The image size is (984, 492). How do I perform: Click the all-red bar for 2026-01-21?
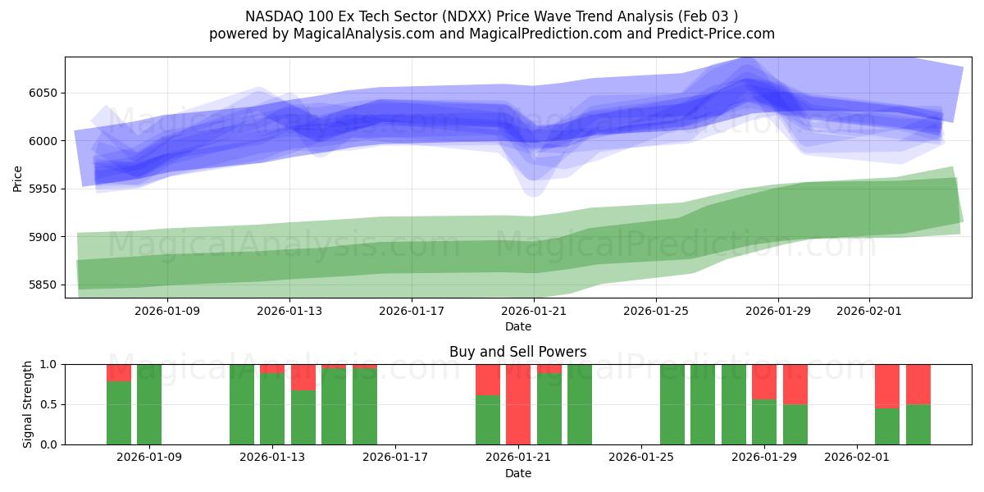click(518, 404)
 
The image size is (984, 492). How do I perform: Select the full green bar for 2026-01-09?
click(149, 404)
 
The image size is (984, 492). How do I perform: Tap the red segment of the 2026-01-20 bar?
click(488, 379)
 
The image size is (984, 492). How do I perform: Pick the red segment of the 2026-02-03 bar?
click(918, 384)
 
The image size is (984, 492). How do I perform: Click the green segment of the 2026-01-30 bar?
click(795, 425)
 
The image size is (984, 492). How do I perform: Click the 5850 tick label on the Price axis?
click(42, 285)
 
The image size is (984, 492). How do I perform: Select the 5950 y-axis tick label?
click(42, 189)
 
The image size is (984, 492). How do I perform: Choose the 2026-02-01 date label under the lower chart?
click(857, 458)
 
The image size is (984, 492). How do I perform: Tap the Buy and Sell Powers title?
click(517, 352)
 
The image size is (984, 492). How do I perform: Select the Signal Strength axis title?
click(28, 404)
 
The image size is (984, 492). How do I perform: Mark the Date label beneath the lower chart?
click(517, 473)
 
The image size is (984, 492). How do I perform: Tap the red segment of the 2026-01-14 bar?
click(303, 376)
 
